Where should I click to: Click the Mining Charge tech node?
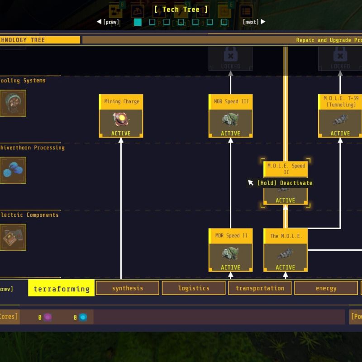coord(121,116)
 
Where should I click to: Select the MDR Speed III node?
coord(230,116)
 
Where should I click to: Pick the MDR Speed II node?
coord(230,250)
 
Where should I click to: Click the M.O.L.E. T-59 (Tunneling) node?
coord(340,116)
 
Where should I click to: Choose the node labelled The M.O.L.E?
coord(286,250)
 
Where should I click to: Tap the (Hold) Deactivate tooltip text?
coord(285,183)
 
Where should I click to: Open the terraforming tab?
coord(62,288)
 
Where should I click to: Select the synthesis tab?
coord(128,288)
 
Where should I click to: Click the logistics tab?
coord(194,288)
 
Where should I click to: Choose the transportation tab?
coord(260,288)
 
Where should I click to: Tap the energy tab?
coord(326,288)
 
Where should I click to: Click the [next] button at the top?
coord(253,22)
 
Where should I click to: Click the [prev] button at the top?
coord(108,22)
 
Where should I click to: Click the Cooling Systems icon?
coord(13,103)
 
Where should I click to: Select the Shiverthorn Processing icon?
coord(13,170)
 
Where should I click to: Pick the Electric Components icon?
coord(13,237)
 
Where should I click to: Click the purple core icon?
coord(48,317)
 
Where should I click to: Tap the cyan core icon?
coord(83,317)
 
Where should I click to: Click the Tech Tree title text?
coord(181,9)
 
